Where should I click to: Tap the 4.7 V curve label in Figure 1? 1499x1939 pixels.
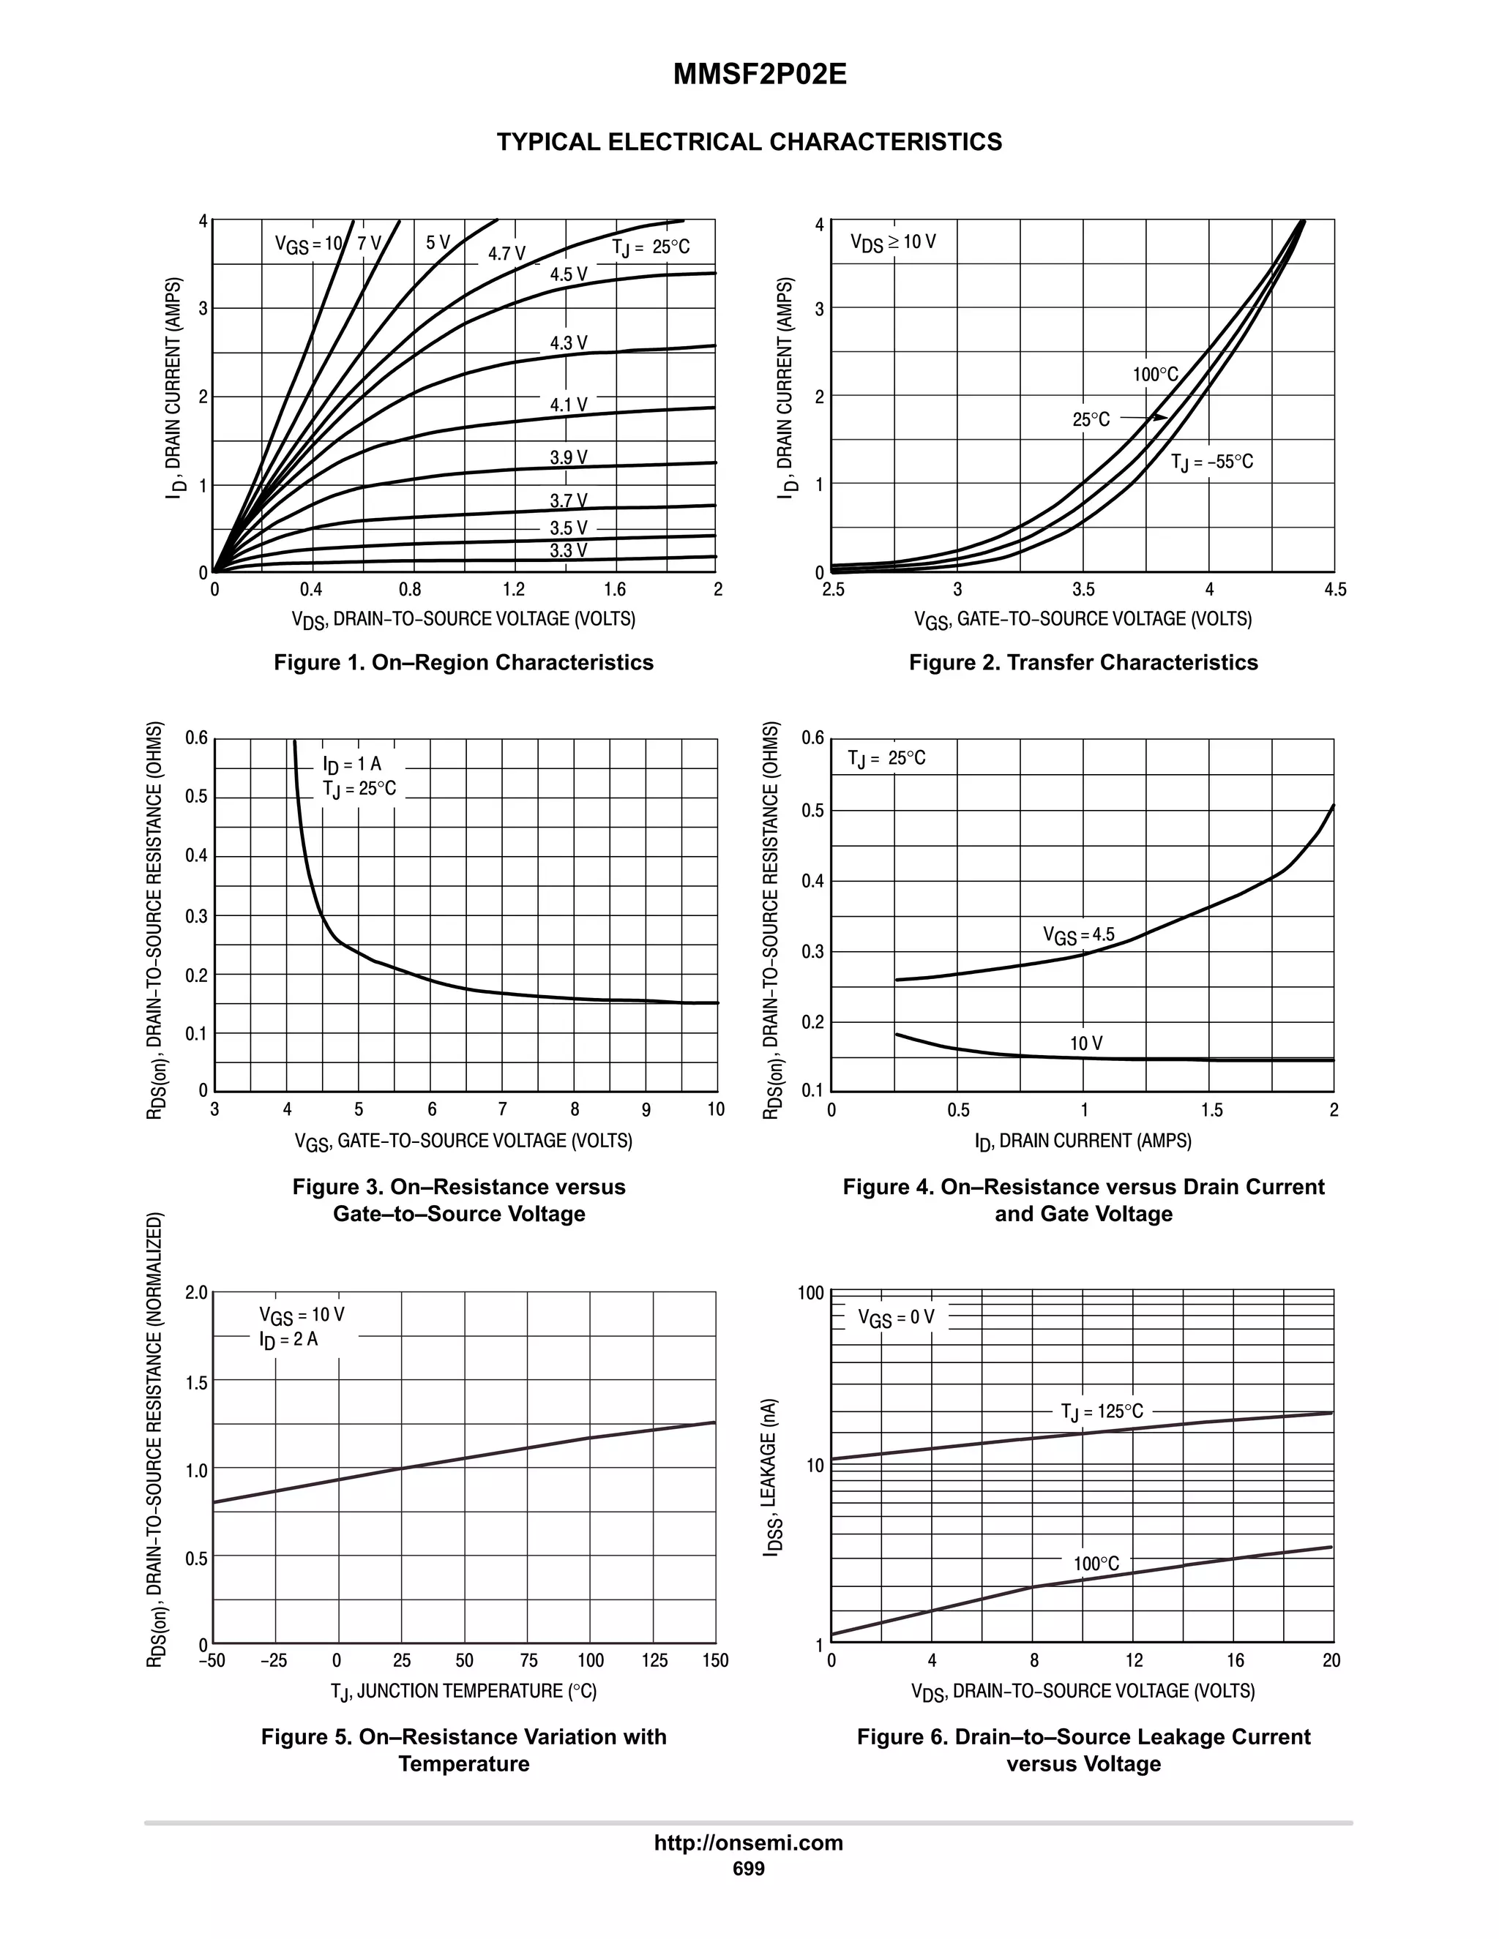point(507,254)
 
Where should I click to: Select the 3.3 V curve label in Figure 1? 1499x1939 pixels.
point(568,550)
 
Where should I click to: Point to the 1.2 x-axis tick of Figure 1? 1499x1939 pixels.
point(513,590)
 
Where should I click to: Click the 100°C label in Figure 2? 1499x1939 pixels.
point(1155,375)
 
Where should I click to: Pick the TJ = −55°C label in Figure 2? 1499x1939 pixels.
point(1211,462)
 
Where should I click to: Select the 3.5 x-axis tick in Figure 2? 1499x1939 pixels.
point(1083,590)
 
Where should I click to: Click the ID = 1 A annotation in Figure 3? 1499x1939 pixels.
point(353,765)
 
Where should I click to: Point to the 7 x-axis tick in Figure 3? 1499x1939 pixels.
point(503,1110)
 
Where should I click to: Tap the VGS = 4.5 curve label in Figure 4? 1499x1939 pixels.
point(1078,935)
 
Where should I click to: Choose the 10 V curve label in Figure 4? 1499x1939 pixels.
point(1086,1043)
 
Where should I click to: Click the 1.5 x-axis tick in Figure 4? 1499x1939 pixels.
point(1211,1110)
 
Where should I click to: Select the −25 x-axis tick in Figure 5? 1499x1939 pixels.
point(274,1661)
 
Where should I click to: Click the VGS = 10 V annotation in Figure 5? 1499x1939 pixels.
point(302,1315)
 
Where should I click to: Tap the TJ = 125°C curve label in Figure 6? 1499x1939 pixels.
point(1102,1411)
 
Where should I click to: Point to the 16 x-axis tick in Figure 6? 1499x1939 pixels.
point(1236,1661)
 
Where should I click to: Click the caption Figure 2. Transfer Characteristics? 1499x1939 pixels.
point(1083,662)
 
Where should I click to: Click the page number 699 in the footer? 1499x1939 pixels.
point(749,1869)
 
